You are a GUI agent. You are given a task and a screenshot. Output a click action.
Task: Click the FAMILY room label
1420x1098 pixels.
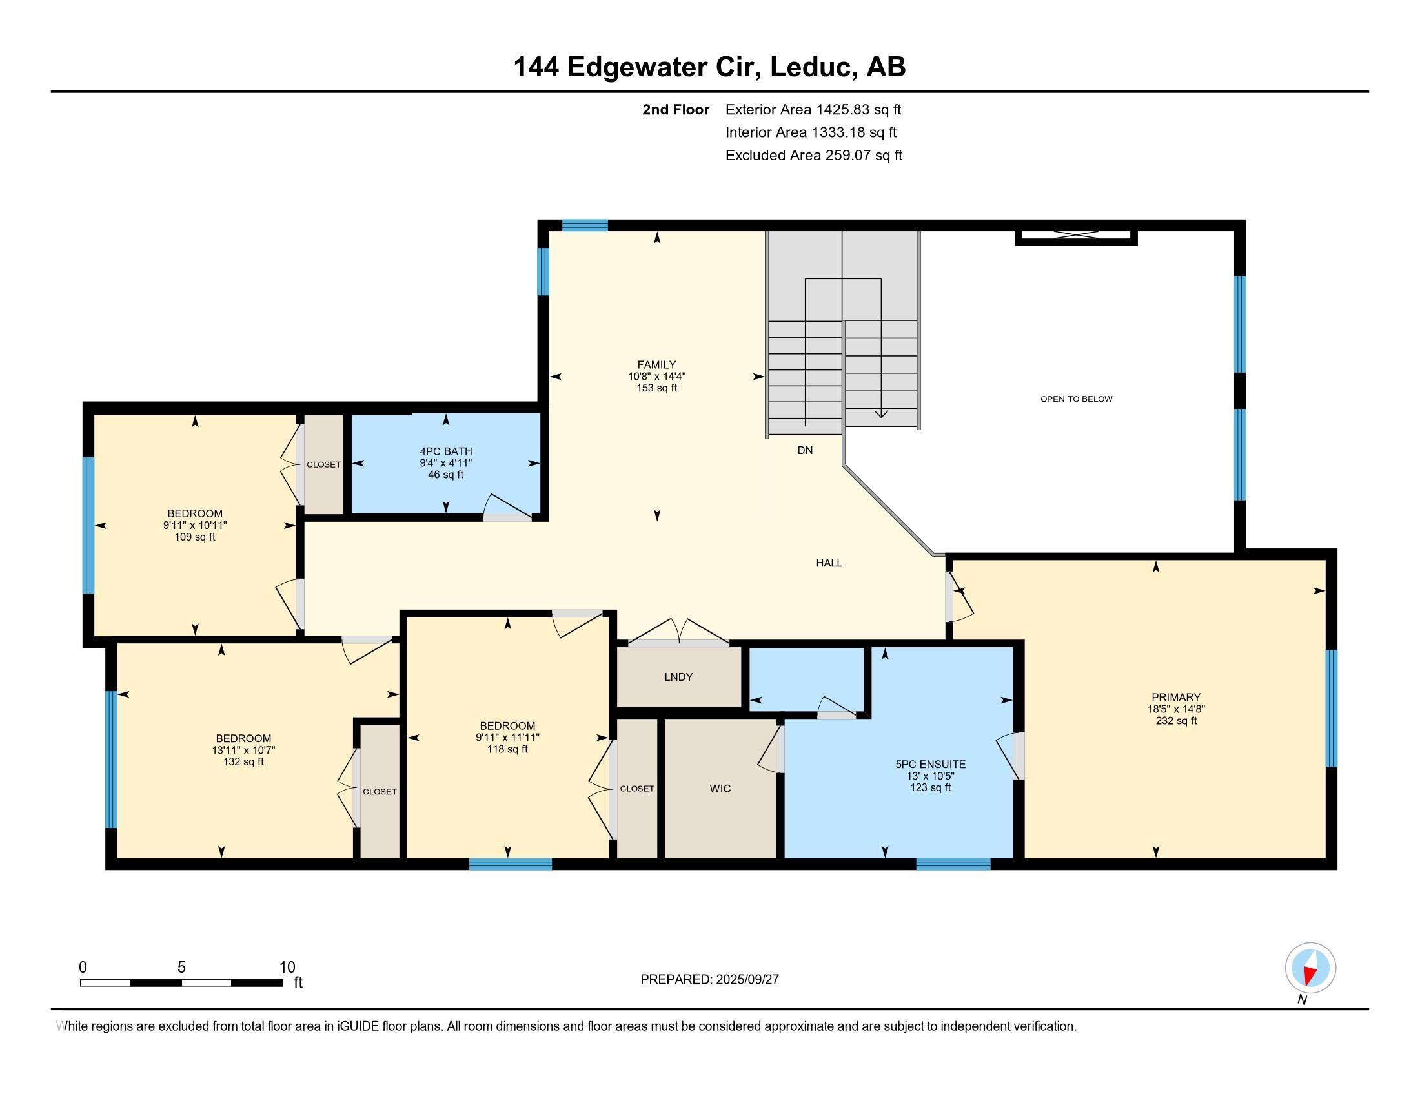click(x=656, y=365)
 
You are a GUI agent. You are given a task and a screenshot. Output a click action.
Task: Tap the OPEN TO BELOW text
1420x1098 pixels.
click(x=1076, y=399)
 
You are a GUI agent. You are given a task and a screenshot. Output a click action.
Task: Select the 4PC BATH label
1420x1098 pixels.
click(x=445, y=451)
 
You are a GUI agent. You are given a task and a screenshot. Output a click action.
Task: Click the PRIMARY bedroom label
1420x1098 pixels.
click(x=1175, y=698)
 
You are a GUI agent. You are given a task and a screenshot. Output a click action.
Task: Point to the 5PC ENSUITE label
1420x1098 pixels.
click(x=930, y=764)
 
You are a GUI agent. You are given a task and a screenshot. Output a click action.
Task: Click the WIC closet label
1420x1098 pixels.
click(x=720, y=789)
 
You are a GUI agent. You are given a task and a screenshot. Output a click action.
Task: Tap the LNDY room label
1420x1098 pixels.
click(x=678, y=677)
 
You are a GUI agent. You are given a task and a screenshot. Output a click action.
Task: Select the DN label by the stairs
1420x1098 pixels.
click(x=805, y=450)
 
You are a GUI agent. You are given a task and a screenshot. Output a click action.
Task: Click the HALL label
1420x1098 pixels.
click(x=829, y=563)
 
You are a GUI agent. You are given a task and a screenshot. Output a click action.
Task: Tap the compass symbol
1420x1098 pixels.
click(x=1310, y=969)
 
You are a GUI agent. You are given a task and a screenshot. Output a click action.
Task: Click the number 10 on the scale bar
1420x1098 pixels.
click(x=287, y=968)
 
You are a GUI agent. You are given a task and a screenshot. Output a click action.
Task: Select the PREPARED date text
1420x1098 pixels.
click(x=709, y=980)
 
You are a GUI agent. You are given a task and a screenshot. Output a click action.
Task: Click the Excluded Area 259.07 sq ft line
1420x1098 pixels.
click(x=813, y=156)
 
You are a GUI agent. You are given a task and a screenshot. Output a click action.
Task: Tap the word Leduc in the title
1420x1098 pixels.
click(x=810, y=67)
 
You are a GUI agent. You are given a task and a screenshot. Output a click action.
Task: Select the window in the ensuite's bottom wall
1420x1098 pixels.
click(x=953, y=864)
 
